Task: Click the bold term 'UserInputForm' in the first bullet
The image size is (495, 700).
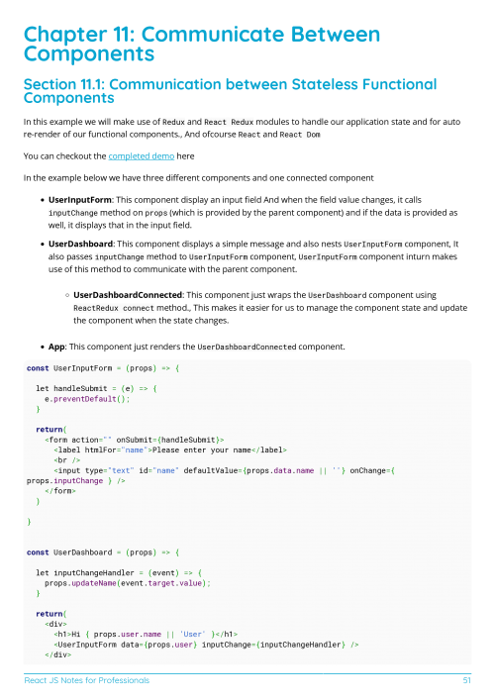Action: click(x=81, y=199)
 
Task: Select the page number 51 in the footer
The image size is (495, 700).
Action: click(x=465, y=681)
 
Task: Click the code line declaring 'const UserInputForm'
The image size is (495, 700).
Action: click(x=103, y=367)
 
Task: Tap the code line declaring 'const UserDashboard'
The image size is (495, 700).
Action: click(x=103, y=551)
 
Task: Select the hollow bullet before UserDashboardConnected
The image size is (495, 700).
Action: click(x=66, y=295)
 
